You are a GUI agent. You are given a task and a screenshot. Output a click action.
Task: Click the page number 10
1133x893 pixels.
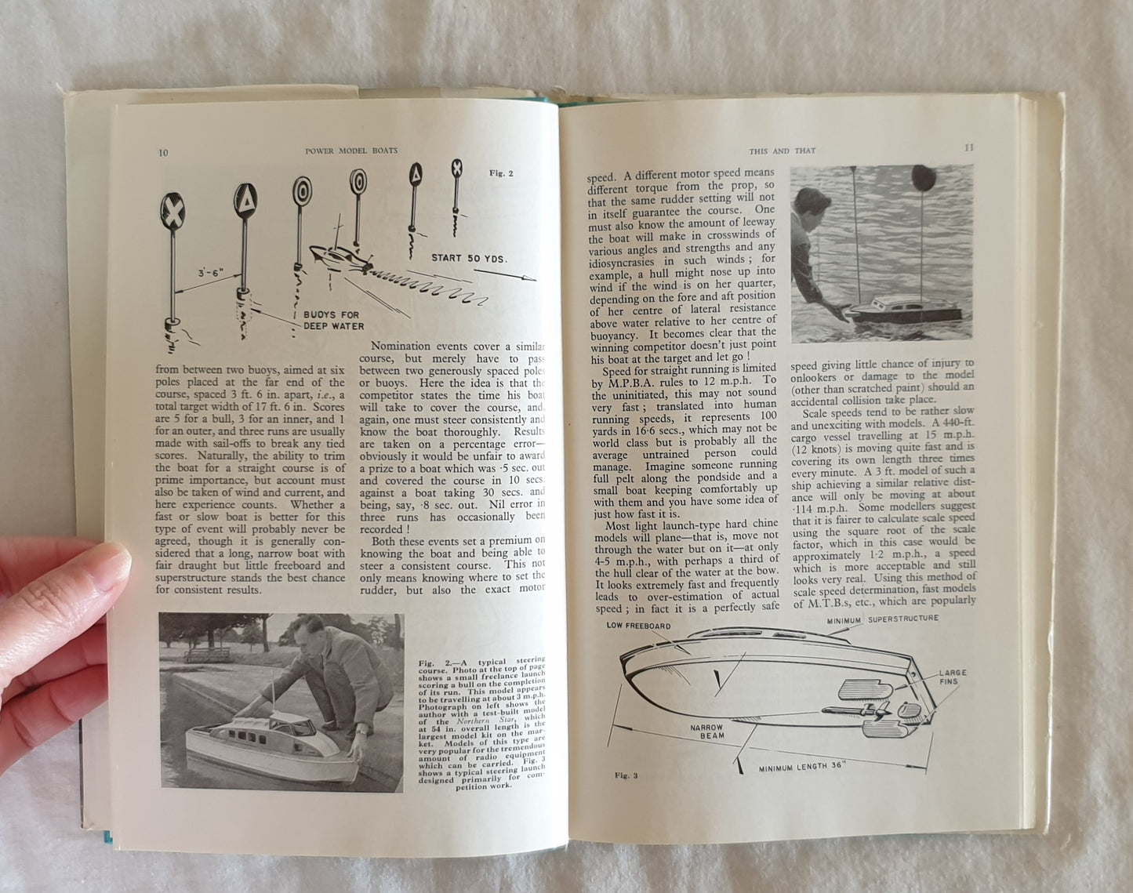coord(162,153)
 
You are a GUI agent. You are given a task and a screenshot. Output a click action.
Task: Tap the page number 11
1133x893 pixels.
coord(969,148)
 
